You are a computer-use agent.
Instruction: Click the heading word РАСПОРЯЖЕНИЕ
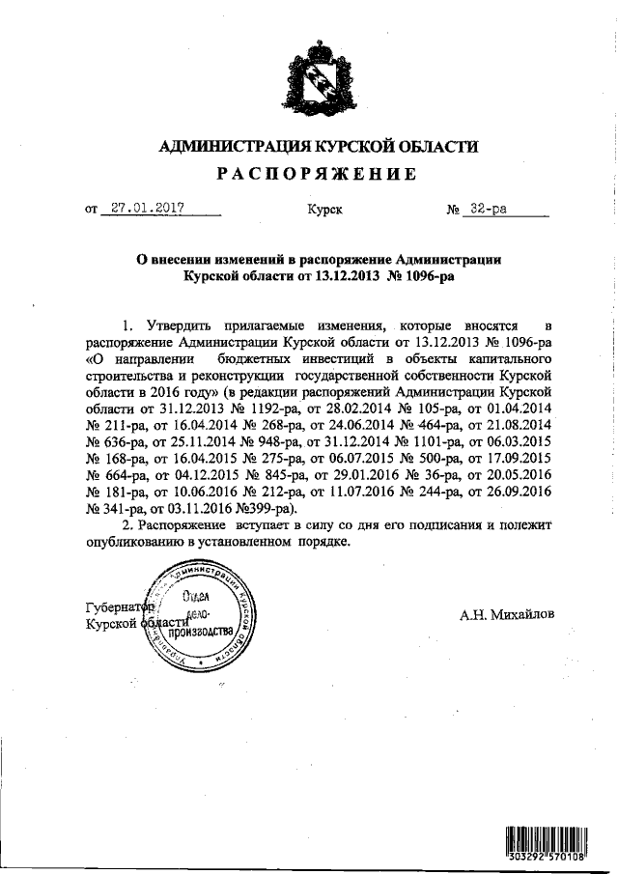coord(316,174)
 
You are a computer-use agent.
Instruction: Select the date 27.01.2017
coord(147,208)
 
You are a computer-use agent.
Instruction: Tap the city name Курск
coord(323,209)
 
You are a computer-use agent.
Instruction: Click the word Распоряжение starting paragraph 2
coord(181,524)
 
